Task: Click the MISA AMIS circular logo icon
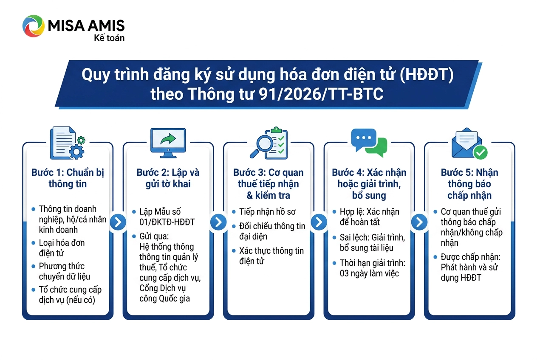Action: click(33, 26)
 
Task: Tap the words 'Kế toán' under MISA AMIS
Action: click(109, 38)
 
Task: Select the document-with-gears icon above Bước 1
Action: click(68, 143)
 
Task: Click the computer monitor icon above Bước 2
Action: click(168, 143)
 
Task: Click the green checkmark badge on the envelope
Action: click(480, 152)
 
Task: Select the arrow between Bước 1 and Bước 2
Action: click(118, 222)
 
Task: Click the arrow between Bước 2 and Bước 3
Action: click(218, 222)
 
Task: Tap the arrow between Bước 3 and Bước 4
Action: click(319, 222)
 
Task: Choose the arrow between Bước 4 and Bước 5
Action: click(419, 222)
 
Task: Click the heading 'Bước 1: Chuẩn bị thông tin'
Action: click(68, 178)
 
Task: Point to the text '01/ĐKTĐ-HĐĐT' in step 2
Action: click(167, 222)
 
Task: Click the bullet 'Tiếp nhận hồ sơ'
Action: click(267, 212)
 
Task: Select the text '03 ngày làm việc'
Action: click(370, 273)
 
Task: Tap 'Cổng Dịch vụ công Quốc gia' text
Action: click(164, 293)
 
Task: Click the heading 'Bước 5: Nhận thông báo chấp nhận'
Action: click(469, 184)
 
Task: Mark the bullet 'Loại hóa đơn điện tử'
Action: click(62, 248)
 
